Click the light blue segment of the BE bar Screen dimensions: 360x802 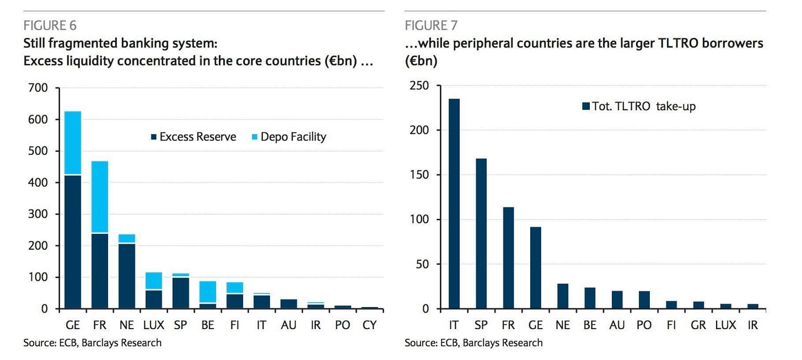coord(208,292)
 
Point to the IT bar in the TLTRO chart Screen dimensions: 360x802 coord(454,203)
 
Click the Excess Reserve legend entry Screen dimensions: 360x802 coord(193,137)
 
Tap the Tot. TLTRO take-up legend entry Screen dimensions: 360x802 coord(639,106)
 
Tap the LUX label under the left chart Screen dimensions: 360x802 coord(154,325)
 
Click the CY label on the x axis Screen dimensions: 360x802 coord(370,325)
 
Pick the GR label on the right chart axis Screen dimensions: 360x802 coord(698,325)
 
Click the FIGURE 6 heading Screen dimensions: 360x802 coord(49,25)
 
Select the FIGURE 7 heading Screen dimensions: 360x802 coord(430,25)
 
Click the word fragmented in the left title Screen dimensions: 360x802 coord(82,43)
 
